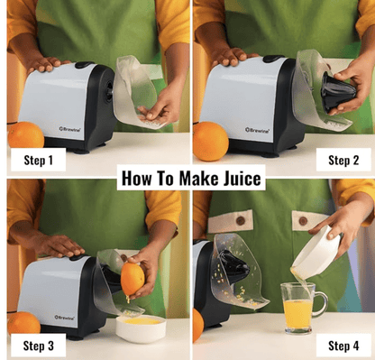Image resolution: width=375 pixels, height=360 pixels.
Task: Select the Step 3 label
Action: click(x=34, y=346)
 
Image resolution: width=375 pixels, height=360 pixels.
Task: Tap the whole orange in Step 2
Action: click(x=210, y=140)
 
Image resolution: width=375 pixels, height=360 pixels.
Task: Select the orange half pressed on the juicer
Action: click(x=133, y=279)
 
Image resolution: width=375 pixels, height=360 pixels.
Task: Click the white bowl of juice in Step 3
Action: click(x=141, y=326)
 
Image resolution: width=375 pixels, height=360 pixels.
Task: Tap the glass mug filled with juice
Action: click(x=300, y=308)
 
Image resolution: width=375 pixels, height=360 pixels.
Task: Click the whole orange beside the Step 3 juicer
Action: click(x=22, y=322)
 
